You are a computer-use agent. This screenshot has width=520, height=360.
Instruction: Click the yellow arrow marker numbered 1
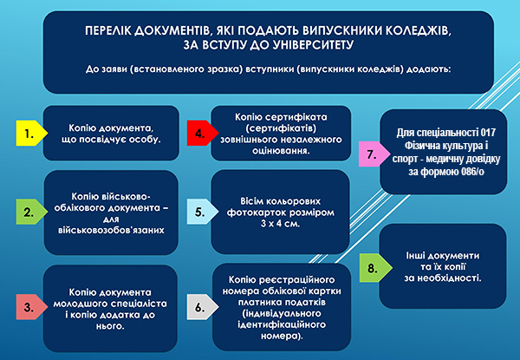coord(31,133)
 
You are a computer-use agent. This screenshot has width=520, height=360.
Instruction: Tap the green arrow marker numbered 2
coord(31,212)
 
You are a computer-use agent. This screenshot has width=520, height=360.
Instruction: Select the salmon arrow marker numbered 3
coord(31,307)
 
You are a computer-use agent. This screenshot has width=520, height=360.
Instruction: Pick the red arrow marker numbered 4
coord(203,133)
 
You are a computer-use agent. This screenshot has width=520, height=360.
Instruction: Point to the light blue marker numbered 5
coord(203,212)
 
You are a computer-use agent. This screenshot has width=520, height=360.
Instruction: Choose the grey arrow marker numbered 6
coord(203,307)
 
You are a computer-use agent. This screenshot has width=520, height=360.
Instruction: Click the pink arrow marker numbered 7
coord(374,154)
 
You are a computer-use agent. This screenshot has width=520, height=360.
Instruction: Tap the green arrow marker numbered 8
coord(376,268)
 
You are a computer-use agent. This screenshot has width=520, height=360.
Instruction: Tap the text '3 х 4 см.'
coord(280,224)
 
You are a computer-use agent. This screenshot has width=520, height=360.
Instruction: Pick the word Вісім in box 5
coord(252,201)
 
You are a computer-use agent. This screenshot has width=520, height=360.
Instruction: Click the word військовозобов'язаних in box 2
coord(111,230)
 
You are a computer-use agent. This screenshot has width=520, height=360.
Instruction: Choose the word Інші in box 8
coord(415,256)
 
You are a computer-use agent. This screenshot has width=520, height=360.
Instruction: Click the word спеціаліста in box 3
coord(139,304)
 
